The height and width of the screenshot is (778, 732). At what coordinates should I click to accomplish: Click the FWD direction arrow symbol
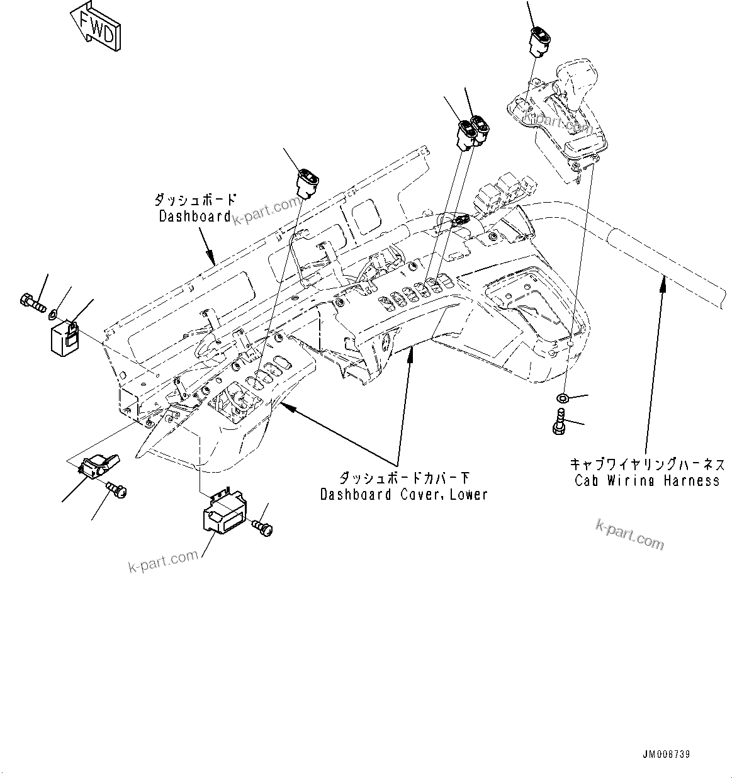click(95, 28)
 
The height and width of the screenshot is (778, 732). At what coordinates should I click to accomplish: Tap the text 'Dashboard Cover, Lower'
click(403, 494)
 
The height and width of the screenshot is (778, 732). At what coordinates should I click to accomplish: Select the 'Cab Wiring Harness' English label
click(647, 480)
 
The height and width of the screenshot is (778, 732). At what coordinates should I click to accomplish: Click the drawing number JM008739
click(685, 753)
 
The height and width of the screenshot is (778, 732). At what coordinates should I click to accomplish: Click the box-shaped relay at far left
click(65, 338)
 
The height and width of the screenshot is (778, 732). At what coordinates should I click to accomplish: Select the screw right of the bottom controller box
click(262, 526)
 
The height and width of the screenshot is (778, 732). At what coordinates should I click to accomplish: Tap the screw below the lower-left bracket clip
click(116, 488)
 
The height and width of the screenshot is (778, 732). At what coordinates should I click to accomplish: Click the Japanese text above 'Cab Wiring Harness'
click(647, 465)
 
